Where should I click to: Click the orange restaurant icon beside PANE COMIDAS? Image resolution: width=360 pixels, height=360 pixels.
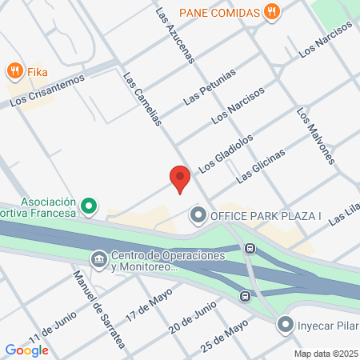273,12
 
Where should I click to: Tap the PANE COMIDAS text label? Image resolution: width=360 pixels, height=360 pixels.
218,12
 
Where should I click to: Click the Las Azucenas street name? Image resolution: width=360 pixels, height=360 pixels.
175,36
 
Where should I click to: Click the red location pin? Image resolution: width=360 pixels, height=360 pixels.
180,179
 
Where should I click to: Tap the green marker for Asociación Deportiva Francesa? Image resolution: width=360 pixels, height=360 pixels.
90,208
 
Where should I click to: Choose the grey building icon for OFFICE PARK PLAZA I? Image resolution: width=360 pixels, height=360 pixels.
198,215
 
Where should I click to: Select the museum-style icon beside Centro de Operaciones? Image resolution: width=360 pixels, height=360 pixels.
98,259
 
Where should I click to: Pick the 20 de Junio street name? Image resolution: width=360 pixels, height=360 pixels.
192,317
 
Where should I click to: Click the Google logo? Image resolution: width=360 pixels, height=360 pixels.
27,349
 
